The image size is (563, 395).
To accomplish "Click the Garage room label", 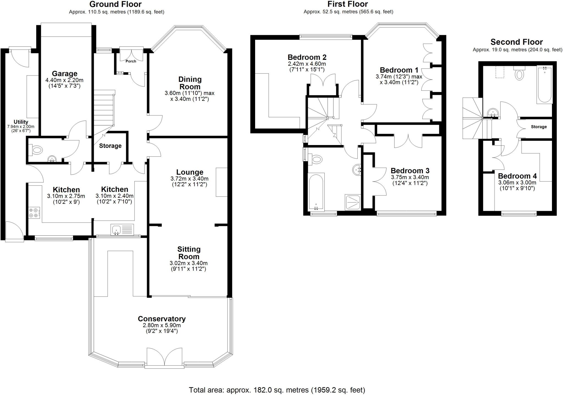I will (65, 74).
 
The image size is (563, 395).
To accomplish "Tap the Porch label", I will (131, 61).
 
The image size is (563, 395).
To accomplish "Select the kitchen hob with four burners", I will (34, 213).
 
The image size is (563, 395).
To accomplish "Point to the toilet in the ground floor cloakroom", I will (36, 150).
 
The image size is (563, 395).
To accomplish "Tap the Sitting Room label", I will (189, 253).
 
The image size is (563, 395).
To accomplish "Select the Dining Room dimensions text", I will (189, 96).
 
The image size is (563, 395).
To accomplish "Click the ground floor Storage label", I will (110, 146).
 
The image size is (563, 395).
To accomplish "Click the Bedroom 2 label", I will (307, 57).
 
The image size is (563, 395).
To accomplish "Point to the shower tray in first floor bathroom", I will (353, 202).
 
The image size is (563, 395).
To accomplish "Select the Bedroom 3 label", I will (410, 171).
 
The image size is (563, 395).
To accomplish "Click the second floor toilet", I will (519, 73).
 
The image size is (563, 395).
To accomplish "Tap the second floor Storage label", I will (539, 127).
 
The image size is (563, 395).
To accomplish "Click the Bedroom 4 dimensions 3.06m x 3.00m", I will (517, 183).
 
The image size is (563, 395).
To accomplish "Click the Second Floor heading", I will (517, 42).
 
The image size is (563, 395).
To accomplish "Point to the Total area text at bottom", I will (277, 390).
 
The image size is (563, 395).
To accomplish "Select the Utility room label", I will (21, 122).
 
